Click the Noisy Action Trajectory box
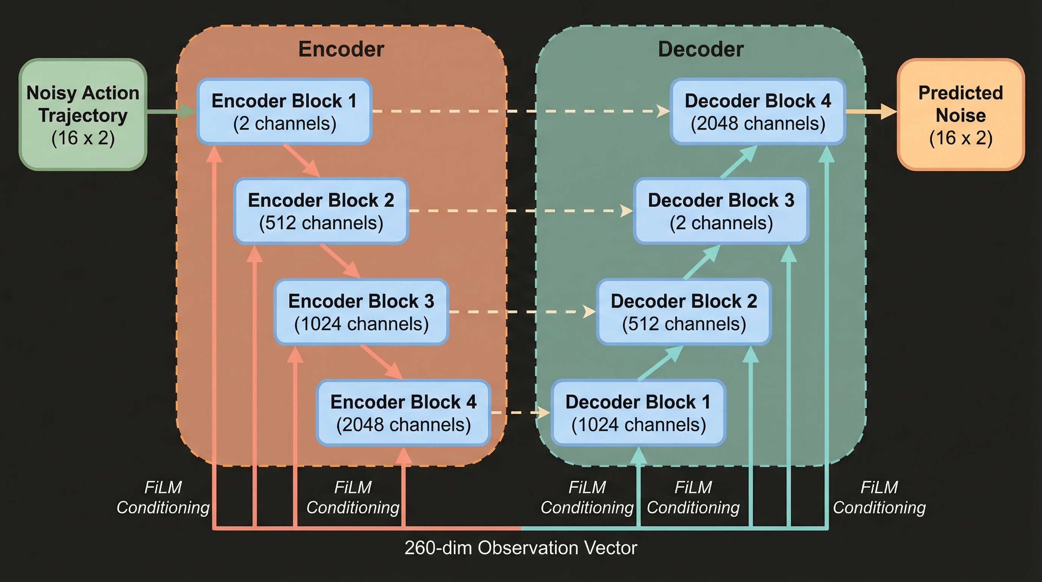[x=83, y=114]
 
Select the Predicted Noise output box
[x=960, y=114]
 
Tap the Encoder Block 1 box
[x=284, y=111]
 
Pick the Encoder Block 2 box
[x=321, y=211]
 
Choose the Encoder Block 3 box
[x=361, y=311]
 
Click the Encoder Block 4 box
[x=403, y=413]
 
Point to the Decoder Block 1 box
[x=638, y=413]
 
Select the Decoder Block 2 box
[x=683, y=311]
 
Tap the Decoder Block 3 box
[x=721, y=211]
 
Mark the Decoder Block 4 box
[x=758, y=111]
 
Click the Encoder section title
[x=341, y=49]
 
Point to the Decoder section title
[x=700, y=49]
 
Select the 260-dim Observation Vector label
[x=521, y=548]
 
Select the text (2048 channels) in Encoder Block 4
[x=403, y=424]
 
